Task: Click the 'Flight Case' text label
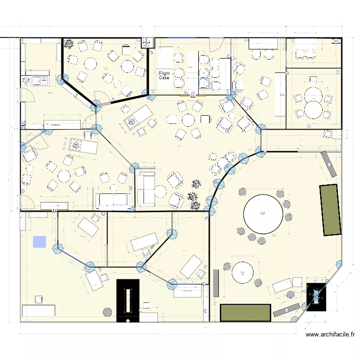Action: [164, 75]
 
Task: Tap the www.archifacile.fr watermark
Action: [330, 335]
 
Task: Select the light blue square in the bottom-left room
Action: [39, 242]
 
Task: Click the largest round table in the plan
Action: [263, 213]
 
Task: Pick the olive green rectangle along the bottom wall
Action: [245, 312]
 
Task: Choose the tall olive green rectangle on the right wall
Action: [331, 209]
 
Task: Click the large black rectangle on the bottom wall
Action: [128, 301]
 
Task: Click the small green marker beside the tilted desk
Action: [153, 247]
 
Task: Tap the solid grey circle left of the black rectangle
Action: [107, 312]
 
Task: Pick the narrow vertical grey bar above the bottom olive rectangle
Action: [216, 283]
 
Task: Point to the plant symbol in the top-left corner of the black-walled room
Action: [69, 44]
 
